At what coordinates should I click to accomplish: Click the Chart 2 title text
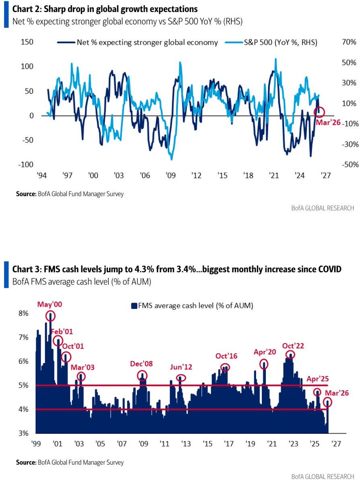(105, 8)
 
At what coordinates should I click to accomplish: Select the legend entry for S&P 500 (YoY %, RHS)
(278, 42)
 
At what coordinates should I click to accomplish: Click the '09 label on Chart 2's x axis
(170, 176)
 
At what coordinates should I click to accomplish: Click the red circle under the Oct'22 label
(290, 354)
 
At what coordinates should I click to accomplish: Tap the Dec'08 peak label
(142, 363)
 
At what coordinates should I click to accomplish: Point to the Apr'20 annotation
(264, 352)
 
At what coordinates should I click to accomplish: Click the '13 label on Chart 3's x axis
(186, 444)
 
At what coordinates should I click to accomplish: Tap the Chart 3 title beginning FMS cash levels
(177, 269)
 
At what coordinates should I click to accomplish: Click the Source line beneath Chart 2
(70, 194)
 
